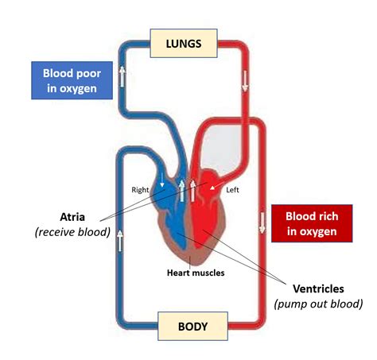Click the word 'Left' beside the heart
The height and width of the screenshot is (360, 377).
click(x=233, y=190)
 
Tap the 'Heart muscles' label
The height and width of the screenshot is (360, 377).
click(x=195, y=273)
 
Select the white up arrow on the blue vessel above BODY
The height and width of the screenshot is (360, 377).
click(x=119, y=236)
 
